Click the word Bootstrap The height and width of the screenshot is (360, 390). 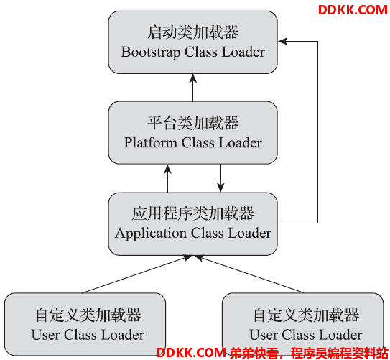(x=151, y=52)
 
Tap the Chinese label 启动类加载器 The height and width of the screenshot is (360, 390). (x=193, y=32)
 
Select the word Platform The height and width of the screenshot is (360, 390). (x=151, y=143)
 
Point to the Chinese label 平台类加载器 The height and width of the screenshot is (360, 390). (x=193, y=123)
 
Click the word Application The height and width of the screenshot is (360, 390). (x=151, y=234)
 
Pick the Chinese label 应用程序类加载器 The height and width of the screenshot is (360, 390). (x=193, y=213)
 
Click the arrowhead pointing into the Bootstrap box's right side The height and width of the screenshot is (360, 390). (x=282, y=41)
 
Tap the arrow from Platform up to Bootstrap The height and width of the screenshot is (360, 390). (x=193, y=88)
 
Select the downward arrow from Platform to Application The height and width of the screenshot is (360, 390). (x=220, y=178)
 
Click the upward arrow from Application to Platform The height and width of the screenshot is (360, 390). (x=167, y=178)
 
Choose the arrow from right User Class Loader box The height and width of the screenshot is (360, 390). (x=249, y=274)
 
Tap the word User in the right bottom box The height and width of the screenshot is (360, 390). (x=264, y=335)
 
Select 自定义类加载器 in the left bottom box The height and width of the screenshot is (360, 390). (x=88, y=315)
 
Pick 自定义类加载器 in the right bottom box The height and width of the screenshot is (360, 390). (x=306, y=315)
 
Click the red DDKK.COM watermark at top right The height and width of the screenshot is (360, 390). (x=353, y=10)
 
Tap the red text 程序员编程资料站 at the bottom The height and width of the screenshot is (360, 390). (x=340, y=353)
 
